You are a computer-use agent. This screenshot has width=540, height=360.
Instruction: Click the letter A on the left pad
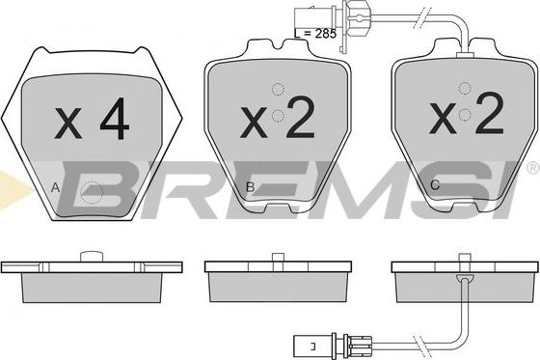55,188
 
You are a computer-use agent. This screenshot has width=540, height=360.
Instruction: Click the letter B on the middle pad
251,187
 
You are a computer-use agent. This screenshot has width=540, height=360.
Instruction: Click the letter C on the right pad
435,185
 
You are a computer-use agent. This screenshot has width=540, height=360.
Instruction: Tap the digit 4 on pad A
115,119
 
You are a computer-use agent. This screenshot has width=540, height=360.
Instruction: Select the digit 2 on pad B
301,117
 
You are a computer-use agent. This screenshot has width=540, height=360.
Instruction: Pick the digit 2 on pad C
490,113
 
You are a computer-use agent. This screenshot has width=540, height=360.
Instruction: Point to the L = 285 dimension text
315,34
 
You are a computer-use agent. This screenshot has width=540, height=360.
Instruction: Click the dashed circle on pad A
92,193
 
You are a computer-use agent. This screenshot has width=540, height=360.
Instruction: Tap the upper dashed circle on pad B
279,90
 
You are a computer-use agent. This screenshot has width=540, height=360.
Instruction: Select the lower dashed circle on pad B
278,116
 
